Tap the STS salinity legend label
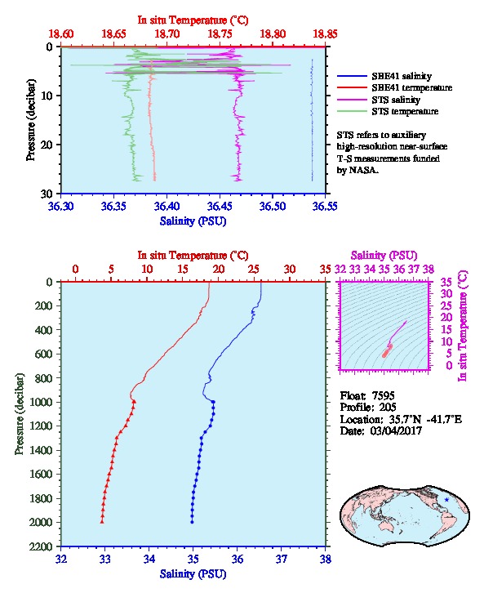(x=396, y=100)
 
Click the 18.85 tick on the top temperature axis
(x=325, y=34)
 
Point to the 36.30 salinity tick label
(x=60, y=206)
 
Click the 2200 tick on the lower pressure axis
(x=42, y=546)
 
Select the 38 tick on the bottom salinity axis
(x=326, y=559)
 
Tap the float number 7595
(x=383, y=395)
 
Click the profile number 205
(x=387, y=407)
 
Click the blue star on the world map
(x=446, y=500)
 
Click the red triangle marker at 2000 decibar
(x=102, y=522)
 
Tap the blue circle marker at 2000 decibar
(x=192, y=522)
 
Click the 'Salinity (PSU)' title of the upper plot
(x=193, y=221)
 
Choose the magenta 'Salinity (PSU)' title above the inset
(x=384, y=256)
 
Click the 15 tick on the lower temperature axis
(x=183, y=269)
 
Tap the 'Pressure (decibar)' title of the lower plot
(x=20, y=414)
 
